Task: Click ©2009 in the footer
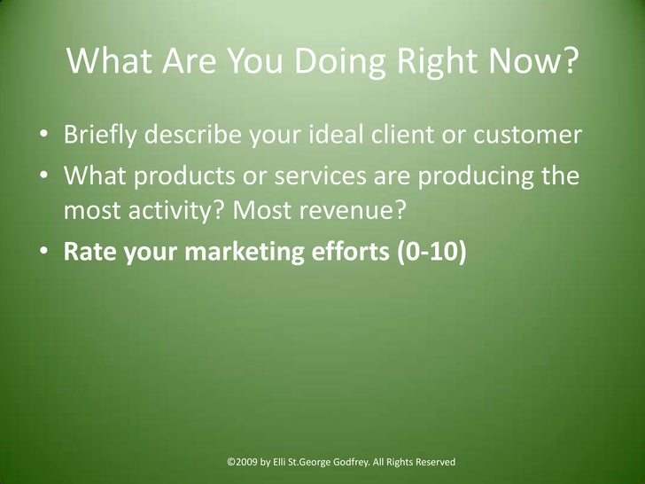pos(243,462)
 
